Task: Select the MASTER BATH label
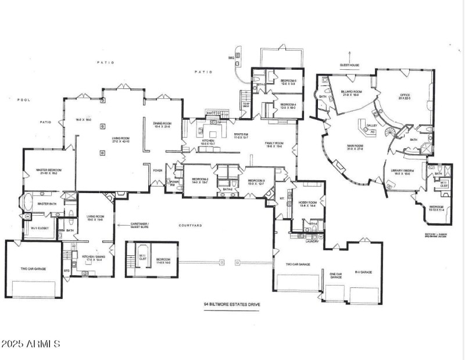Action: [46, 204]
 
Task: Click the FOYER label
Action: [157, 171]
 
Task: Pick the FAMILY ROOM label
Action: [274, 143]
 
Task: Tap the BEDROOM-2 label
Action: [201, 180]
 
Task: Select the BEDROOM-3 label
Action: [256, 180]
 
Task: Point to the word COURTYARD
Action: [189, 224]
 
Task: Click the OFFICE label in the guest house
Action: [404, 94]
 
